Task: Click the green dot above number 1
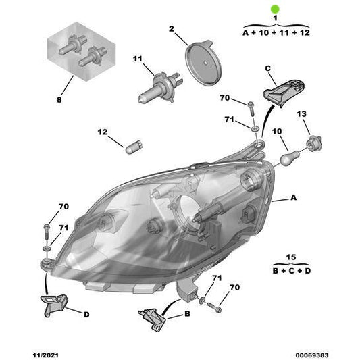[274, 9]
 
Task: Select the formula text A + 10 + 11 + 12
[274, 32]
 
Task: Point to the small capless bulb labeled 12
[132, 146]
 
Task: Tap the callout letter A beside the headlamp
[293, 199]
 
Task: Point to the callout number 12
[102, 132]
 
